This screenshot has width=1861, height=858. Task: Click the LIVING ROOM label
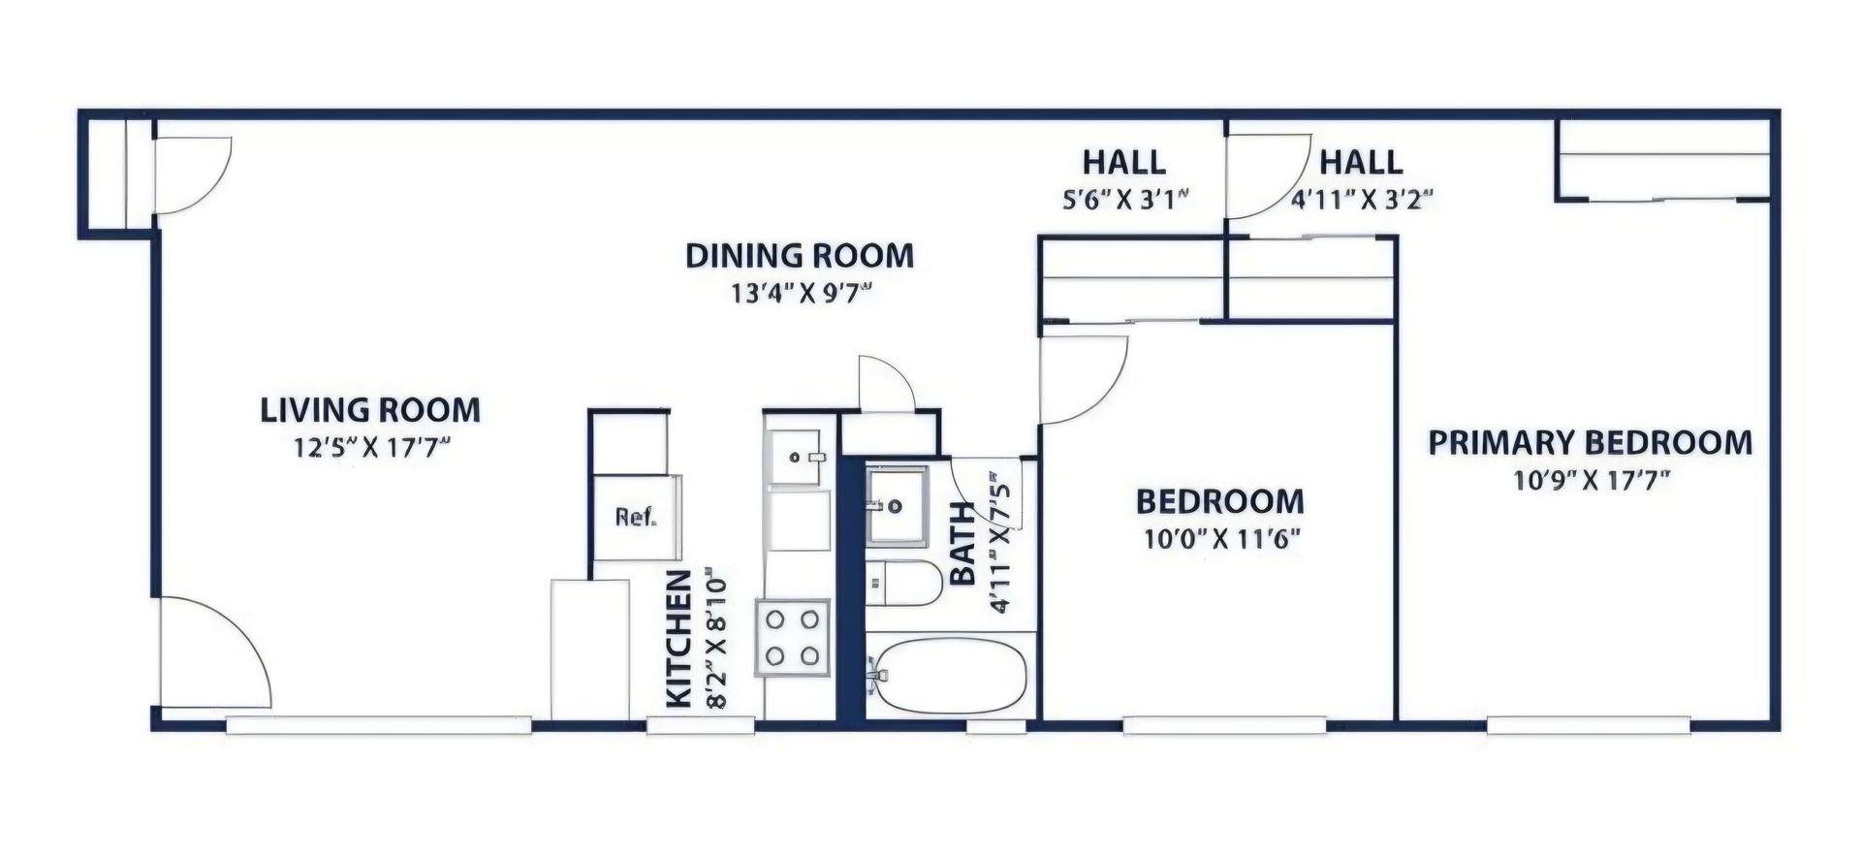pyautogui.click(x=370, y=410)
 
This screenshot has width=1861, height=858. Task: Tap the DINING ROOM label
pyautogui.click(x=800, y=256)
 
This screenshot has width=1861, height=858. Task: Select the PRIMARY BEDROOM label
pyautogui.click(x=1591, y=443)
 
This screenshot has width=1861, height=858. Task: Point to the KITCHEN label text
pyautogui.click(x=679, y=639)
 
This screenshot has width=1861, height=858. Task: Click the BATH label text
pyautogui.click(x=963, y=544)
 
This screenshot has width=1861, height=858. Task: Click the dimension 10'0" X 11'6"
pyautogui.click(x=1220, y=539)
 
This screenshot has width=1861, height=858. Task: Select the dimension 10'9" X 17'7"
pyautogui.click(x=1590, y=480)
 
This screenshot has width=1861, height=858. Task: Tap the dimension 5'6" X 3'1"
pyautogui.click(x=1124, y=199)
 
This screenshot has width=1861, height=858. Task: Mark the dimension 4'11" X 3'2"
pyautogui.click(x=1361, y=199)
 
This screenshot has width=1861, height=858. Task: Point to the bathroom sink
pyautogui.click(x=896, y=506)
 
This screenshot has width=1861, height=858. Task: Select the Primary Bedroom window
pyautogui.click(x=1590, y=725)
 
